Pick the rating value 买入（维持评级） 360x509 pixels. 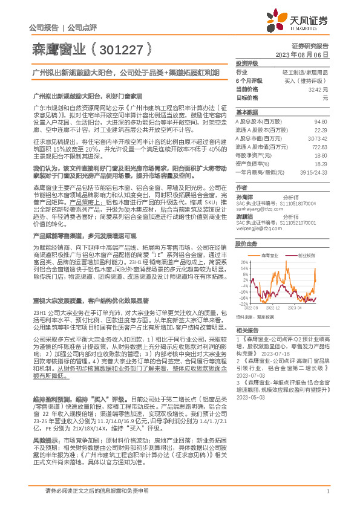click(307, 80)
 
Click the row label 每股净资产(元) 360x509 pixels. click(252, 155)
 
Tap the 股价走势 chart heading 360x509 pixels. click(246, 244)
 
